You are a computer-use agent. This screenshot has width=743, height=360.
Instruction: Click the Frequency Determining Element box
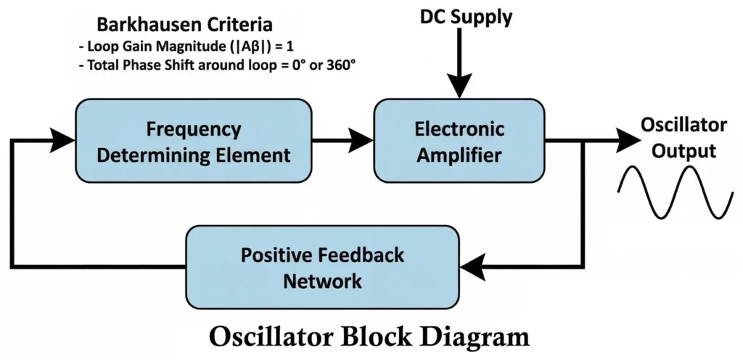point(194,141)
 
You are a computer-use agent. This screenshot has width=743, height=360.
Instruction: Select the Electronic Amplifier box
point(459,141)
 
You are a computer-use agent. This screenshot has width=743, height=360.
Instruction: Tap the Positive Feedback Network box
point(322,267)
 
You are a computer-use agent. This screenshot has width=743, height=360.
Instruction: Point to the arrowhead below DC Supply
point(459,88)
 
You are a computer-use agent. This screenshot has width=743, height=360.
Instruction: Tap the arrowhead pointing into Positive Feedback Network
point(472,267)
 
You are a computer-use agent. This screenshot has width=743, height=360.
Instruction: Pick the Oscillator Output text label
point(683,138)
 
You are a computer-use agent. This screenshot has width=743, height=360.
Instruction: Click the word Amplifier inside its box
point(459,154)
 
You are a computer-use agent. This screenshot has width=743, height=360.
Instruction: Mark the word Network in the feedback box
point(322,280)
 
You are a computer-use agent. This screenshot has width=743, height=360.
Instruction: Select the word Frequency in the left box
point(193,128)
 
